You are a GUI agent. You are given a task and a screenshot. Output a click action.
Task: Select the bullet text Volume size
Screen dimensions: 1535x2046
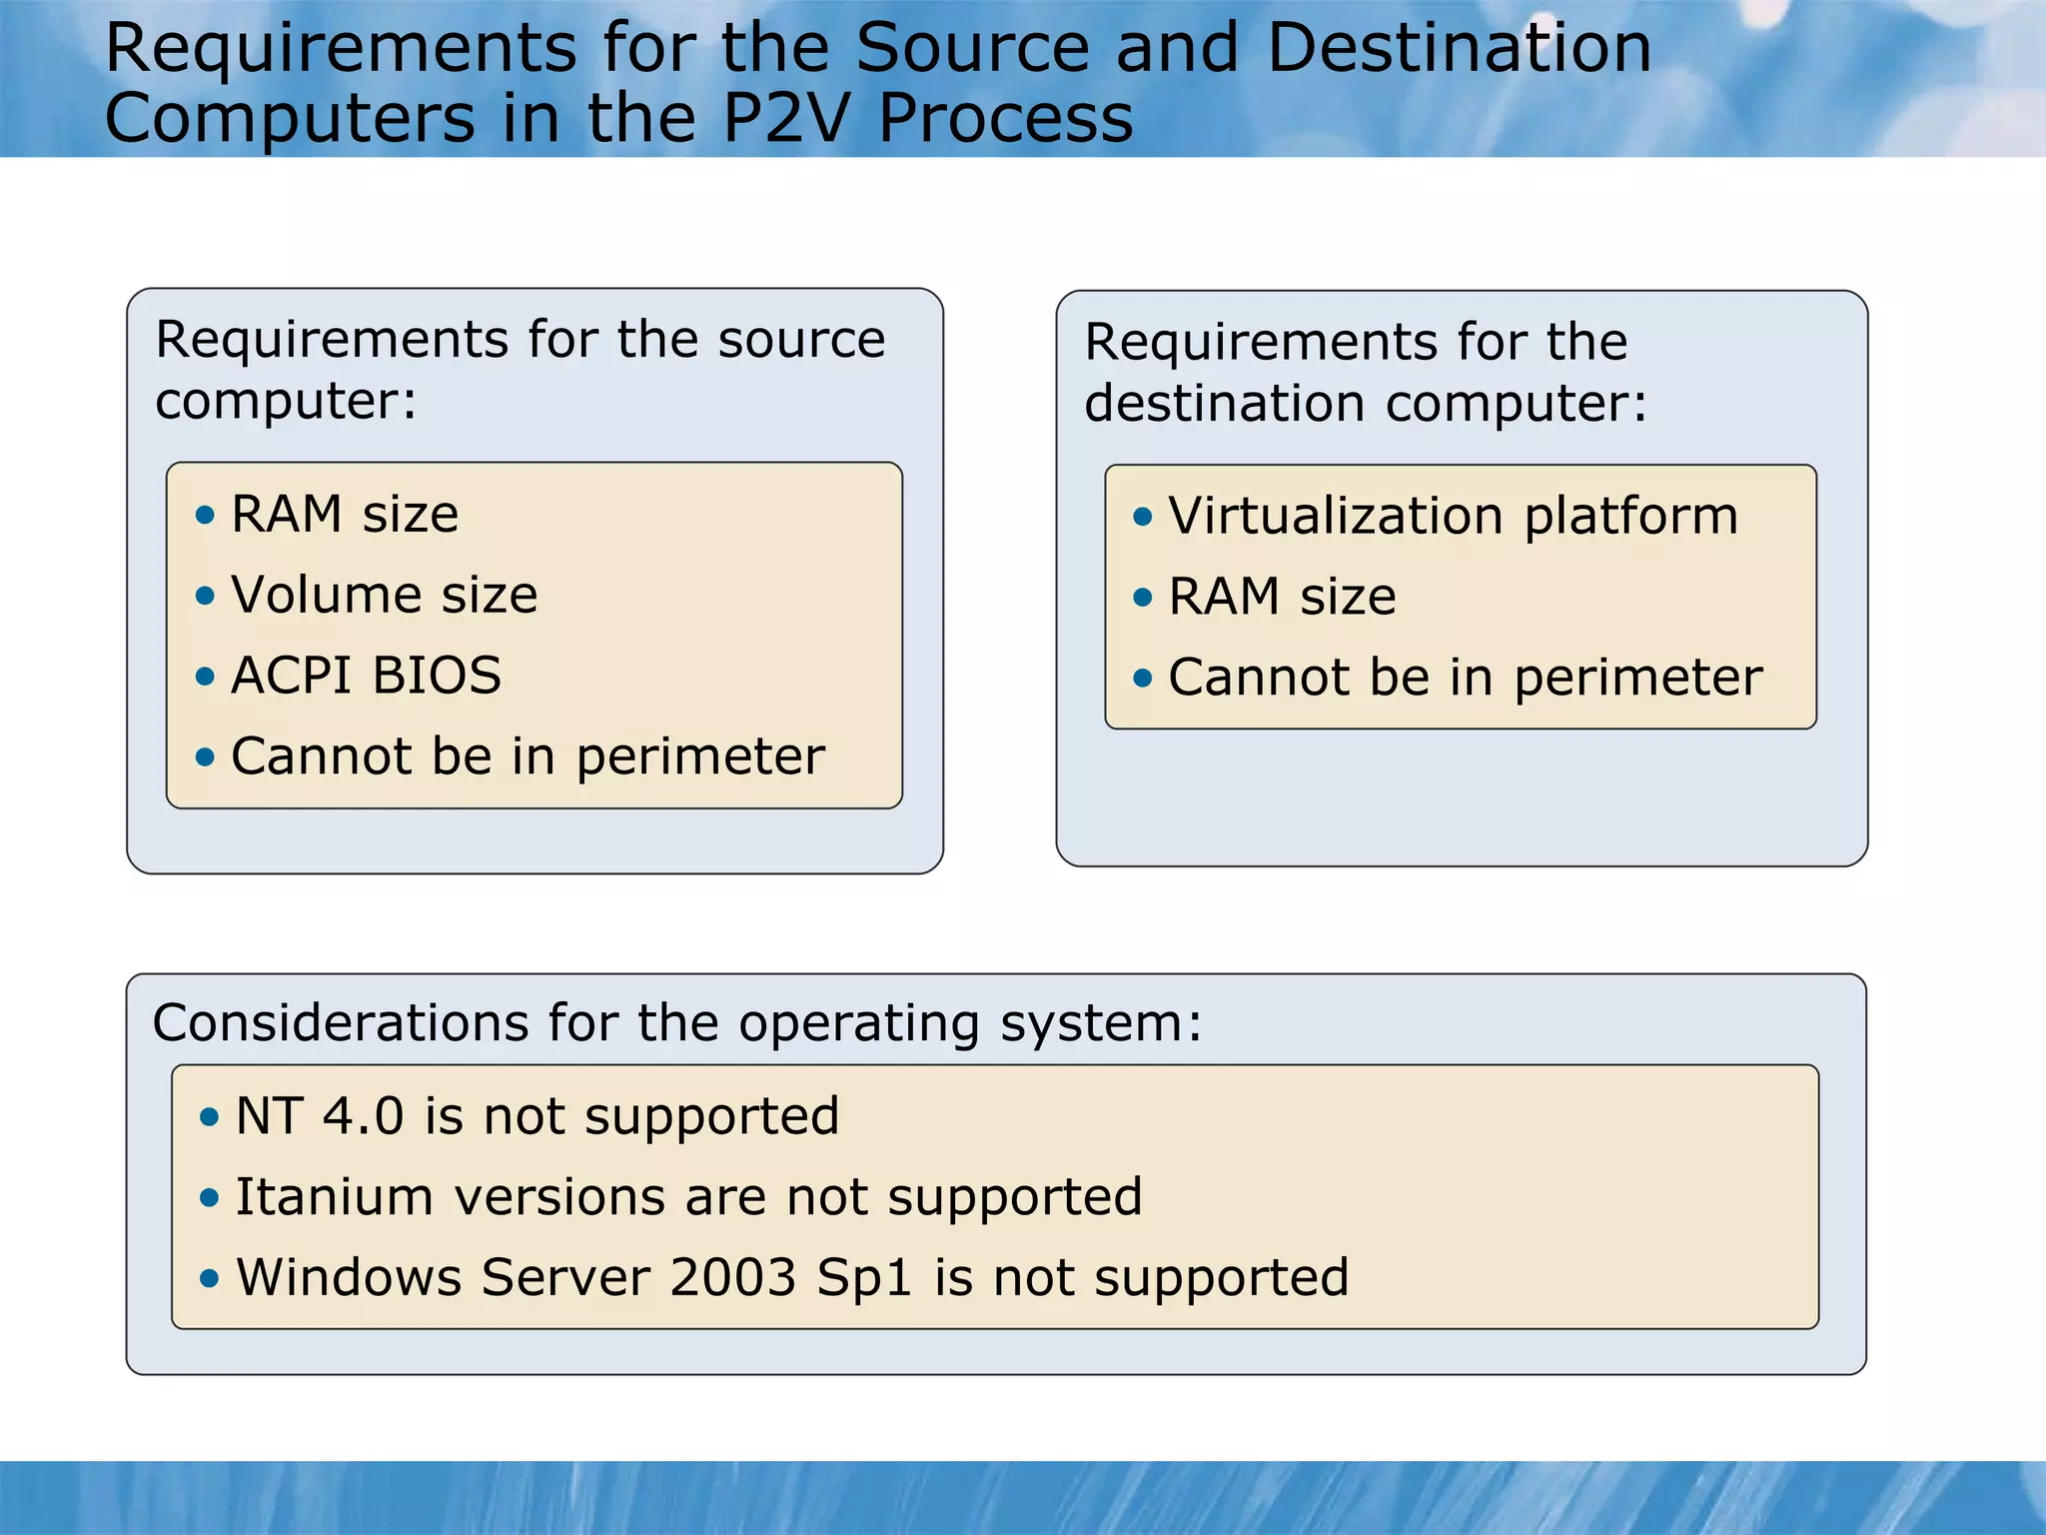click(x=384, y=595)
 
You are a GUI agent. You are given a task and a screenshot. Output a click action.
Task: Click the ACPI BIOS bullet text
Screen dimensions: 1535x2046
click(x=366, y=676)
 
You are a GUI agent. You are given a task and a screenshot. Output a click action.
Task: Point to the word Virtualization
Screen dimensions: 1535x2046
click(x=1335, y=517)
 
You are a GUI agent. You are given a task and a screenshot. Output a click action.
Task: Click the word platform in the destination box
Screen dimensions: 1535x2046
click(x=1630, y=519)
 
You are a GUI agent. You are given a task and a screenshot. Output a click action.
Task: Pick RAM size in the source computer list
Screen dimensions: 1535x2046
click(x=345, y=515)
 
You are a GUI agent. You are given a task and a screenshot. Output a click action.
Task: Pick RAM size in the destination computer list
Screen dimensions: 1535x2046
click(x=1282, y=597)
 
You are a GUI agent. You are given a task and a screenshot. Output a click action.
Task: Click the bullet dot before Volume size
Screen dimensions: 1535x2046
click(x=206, y=597)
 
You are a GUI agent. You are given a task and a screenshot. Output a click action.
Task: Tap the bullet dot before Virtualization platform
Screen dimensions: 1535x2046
click(x=1143, y=518)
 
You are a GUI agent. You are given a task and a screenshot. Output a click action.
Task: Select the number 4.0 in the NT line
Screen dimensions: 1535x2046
click(x=363, y=1116)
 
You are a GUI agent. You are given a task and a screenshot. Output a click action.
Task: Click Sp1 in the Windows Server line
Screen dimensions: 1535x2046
click(x=864, y=1279)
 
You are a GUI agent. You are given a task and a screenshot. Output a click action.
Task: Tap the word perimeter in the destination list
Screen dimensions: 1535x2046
click(x=1638, y=680)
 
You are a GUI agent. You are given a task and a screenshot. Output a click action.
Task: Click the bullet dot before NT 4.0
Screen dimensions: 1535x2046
click(x=209, y=1117)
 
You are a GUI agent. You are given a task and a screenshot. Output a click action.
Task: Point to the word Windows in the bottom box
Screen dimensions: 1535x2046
click(x=348, y=1278)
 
